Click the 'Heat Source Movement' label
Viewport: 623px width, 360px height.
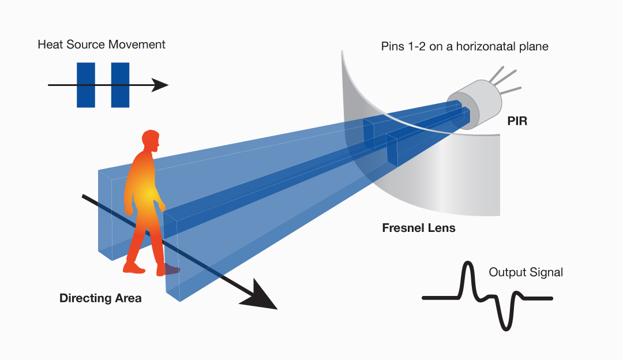pos(102,44)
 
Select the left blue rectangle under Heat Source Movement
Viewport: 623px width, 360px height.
pos(85,85)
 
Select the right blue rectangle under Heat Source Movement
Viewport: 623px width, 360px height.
pos(120,85)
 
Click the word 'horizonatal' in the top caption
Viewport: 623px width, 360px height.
pos(488,47)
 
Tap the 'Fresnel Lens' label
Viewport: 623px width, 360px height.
pos(419,228)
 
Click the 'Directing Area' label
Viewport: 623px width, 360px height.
pos(100,298)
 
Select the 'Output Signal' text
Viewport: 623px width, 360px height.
pos(526,272)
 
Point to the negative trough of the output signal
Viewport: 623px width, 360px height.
pos(506,327)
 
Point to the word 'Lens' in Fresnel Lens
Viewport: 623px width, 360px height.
pos(441,228)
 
